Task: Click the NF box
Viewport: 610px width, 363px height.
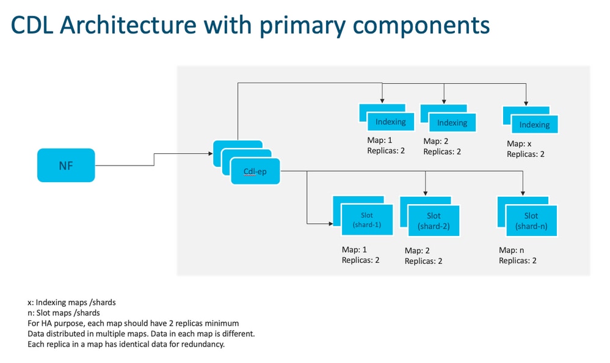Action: [x=66, y=165]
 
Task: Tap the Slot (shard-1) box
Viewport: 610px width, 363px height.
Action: [x=366, y=220]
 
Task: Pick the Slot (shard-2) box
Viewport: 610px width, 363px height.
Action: [x=434, y=221]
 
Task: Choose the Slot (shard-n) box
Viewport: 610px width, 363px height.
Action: [x=531, y=220]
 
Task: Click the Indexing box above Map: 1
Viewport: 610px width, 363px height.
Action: [x=391, y=122]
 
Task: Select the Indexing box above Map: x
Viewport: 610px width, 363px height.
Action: [x=534, y=125]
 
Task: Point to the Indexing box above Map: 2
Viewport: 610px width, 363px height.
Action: [x=452, y=123]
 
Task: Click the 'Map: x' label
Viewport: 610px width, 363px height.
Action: [x=520, y=144]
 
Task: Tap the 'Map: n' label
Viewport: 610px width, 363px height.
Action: [x=512, y=250]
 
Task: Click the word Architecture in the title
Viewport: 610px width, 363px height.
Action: [x=130, y=25]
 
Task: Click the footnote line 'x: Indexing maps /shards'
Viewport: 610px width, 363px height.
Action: [x=71, y=302]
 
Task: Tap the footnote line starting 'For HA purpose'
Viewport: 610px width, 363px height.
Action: [x=133, y=323]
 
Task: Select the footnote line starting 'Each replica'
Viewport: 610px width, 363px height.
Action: [x=126, y=344]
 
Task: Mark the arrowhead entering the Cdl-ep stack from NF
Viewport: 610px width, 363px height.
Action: [x=210, y=154]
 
